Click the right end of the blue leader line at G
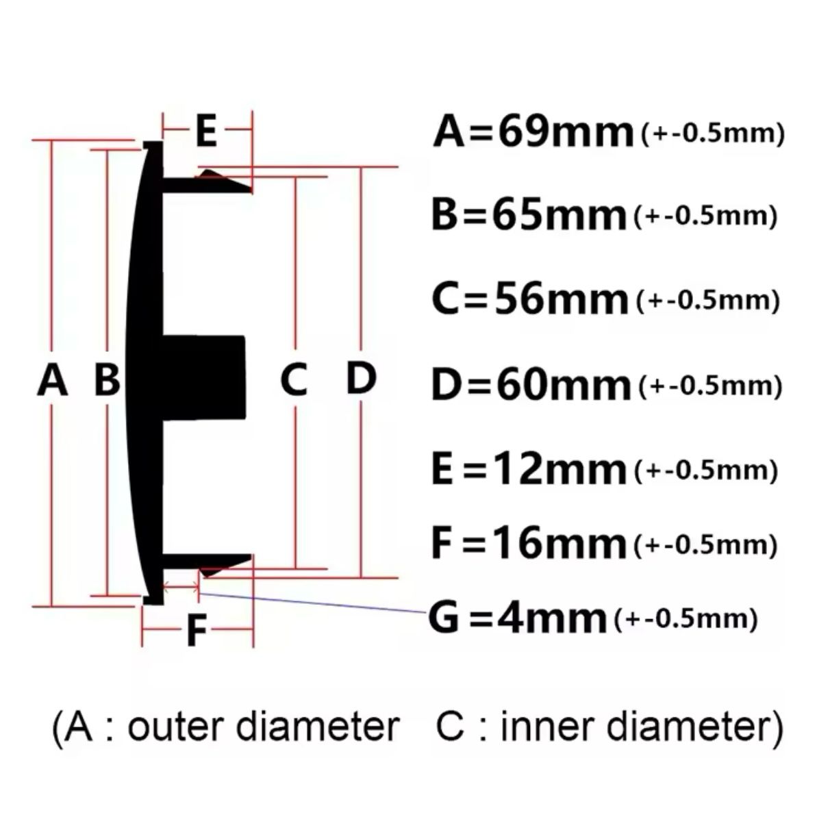[x=427, y=612]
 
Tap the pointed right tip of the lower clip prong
[x=251, y=557]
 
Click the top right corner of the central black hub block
[x=244, y=337]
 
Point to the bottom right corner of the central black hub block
[x=245, y=417]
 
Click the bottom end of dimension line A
[x=51, y=607]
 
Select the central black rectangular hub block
[x=203, y=377]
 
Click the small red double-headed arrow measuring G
[x=181, y=586]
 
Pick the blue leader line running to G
[x=313, y=603]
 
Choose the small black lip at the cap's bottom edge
[x=153, y=599]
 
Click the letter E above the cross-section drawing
[x=206, y=129]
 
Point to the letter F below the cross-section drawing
[x=197, y=630]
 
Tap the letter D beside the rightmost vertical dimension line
[x=361, y=378]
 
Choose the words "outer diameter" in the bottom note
[x=263, y=727]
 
